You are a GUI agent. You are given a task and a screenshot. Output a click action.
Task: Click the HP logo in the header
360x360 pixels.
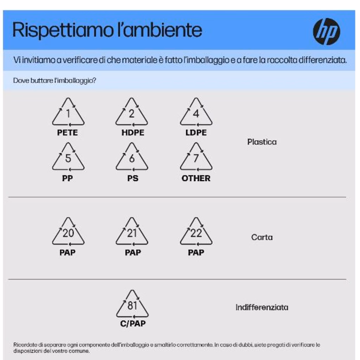(x=326, y=31)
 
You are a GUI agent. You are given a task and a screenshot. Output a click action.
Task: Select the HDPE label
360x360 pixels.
(x=133, y=133)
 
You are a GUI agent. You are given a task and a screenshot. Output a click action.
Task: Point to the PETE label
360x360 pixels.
(x=67, y=133)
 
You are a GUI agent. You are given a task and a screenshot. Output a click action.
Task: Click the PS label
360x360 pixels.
(x=133, y=178)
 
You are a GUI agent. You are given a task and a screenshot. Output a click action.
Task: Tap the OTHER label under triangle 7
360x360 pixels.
(x=196, y=178)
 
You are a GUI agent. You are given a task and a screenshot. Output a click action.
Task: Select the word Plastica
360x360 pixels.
(x=262, y=142)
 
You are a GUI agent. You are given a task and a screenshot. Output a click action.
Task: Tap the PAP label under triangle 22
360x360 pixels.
(x=196, y=252)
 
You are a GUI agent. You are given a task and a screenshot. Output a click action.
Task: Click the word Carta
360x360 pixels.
(x=262, y=237)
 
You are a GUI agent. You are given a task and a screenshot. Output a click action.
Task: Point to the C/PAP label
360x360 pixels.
(x=133, y=323)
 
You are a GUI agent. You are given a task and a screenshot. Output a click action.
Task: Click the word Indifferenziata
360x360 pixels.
(x=262, y=307)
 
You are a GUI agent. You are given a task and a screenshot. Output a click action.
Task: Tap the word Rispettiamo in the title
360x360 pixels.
(x=63, y=30)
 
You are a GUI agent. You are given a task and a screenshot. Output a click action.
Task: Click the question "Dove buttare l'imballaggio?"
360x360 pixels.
(x=54, y=81)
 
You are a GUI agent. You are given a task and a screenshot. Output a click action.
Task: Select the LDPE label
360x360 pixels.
(x=196, y=133)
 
